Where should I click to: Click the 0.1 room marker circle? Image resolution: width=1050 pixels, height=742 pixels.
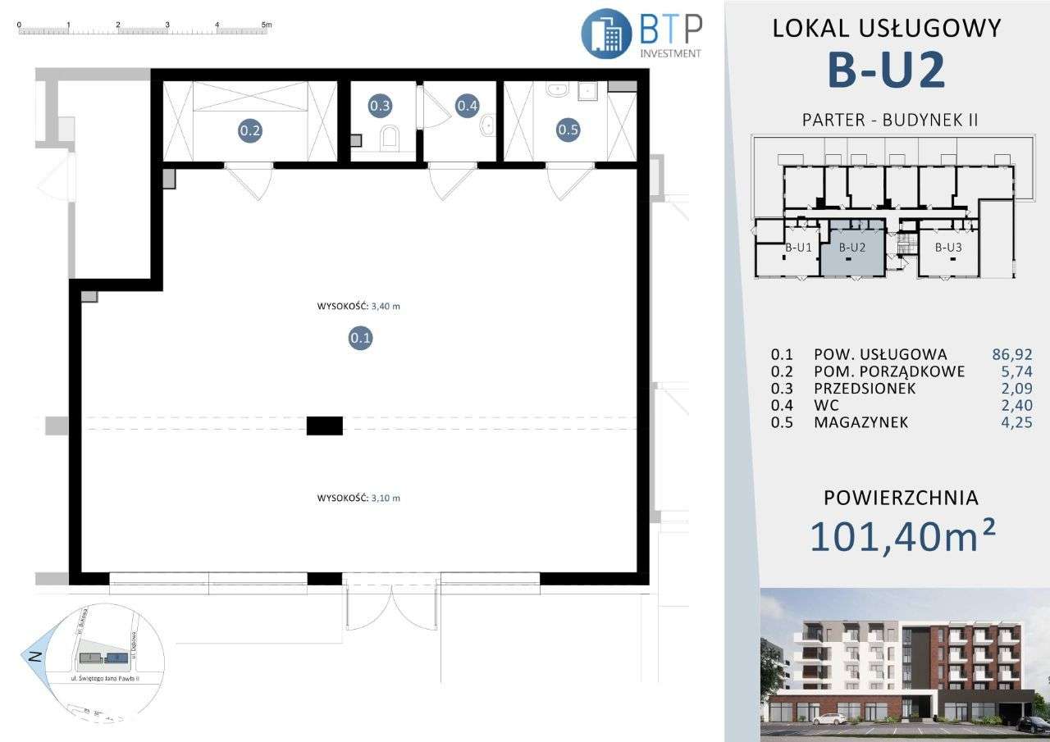pyautogui.click(x=361, y=337)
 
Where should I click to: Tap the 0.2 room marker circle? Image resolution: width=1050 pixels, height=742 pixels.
pyautogui.click(x=250, y=130)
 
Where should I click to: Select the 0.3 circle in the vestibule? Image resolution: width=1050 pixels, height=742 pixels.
pyautogui.click(x=380, y=105)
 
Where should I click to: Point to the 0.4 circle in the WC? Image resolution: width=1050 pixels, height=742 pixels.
pyautogui.click(x=468, y=105)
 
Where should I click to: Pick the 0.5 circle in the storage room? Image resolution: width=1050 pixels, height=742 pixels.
pyautogui.click(x=568, y=129)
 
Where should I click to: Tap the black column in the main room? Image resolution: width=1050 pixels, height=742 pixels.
pyautogui.click(x=325, y=426)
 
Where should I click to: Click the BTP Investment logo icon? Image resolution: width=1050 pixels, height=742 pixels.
pyautogui.click(x=605, y=34)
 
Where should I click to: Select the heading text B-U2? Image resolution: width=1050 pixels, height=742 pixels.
pyautogui.click(x=887, y=70)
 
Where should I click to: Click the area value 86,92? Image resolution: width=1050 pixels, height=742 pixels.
pyautogui.click(x=1011, y=355)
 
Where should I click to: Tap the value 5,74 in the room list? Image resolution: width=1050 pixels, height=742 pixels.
pyautogui.click(x=1016, y=372)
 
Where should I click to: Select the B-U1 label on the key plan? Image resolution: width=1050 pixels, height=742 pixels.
pyautogui.click(x=798, y=247)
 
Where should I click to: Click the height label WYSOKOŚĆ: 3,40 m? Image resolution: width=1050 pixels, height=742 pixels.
pyautogui.click(x=363, y=307)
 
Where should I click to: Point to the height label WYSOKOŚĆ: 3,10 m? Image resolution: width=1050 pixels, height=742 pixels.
pyautogui.click(x=363, y=498)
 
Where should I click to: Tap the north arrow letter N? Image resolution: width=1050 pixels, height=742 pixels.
pyautogui.click(x=34, y=656)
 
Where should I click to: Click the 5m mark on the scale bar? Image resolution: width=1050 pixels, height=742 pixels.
pyautogui.click(x=266, y=25)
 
